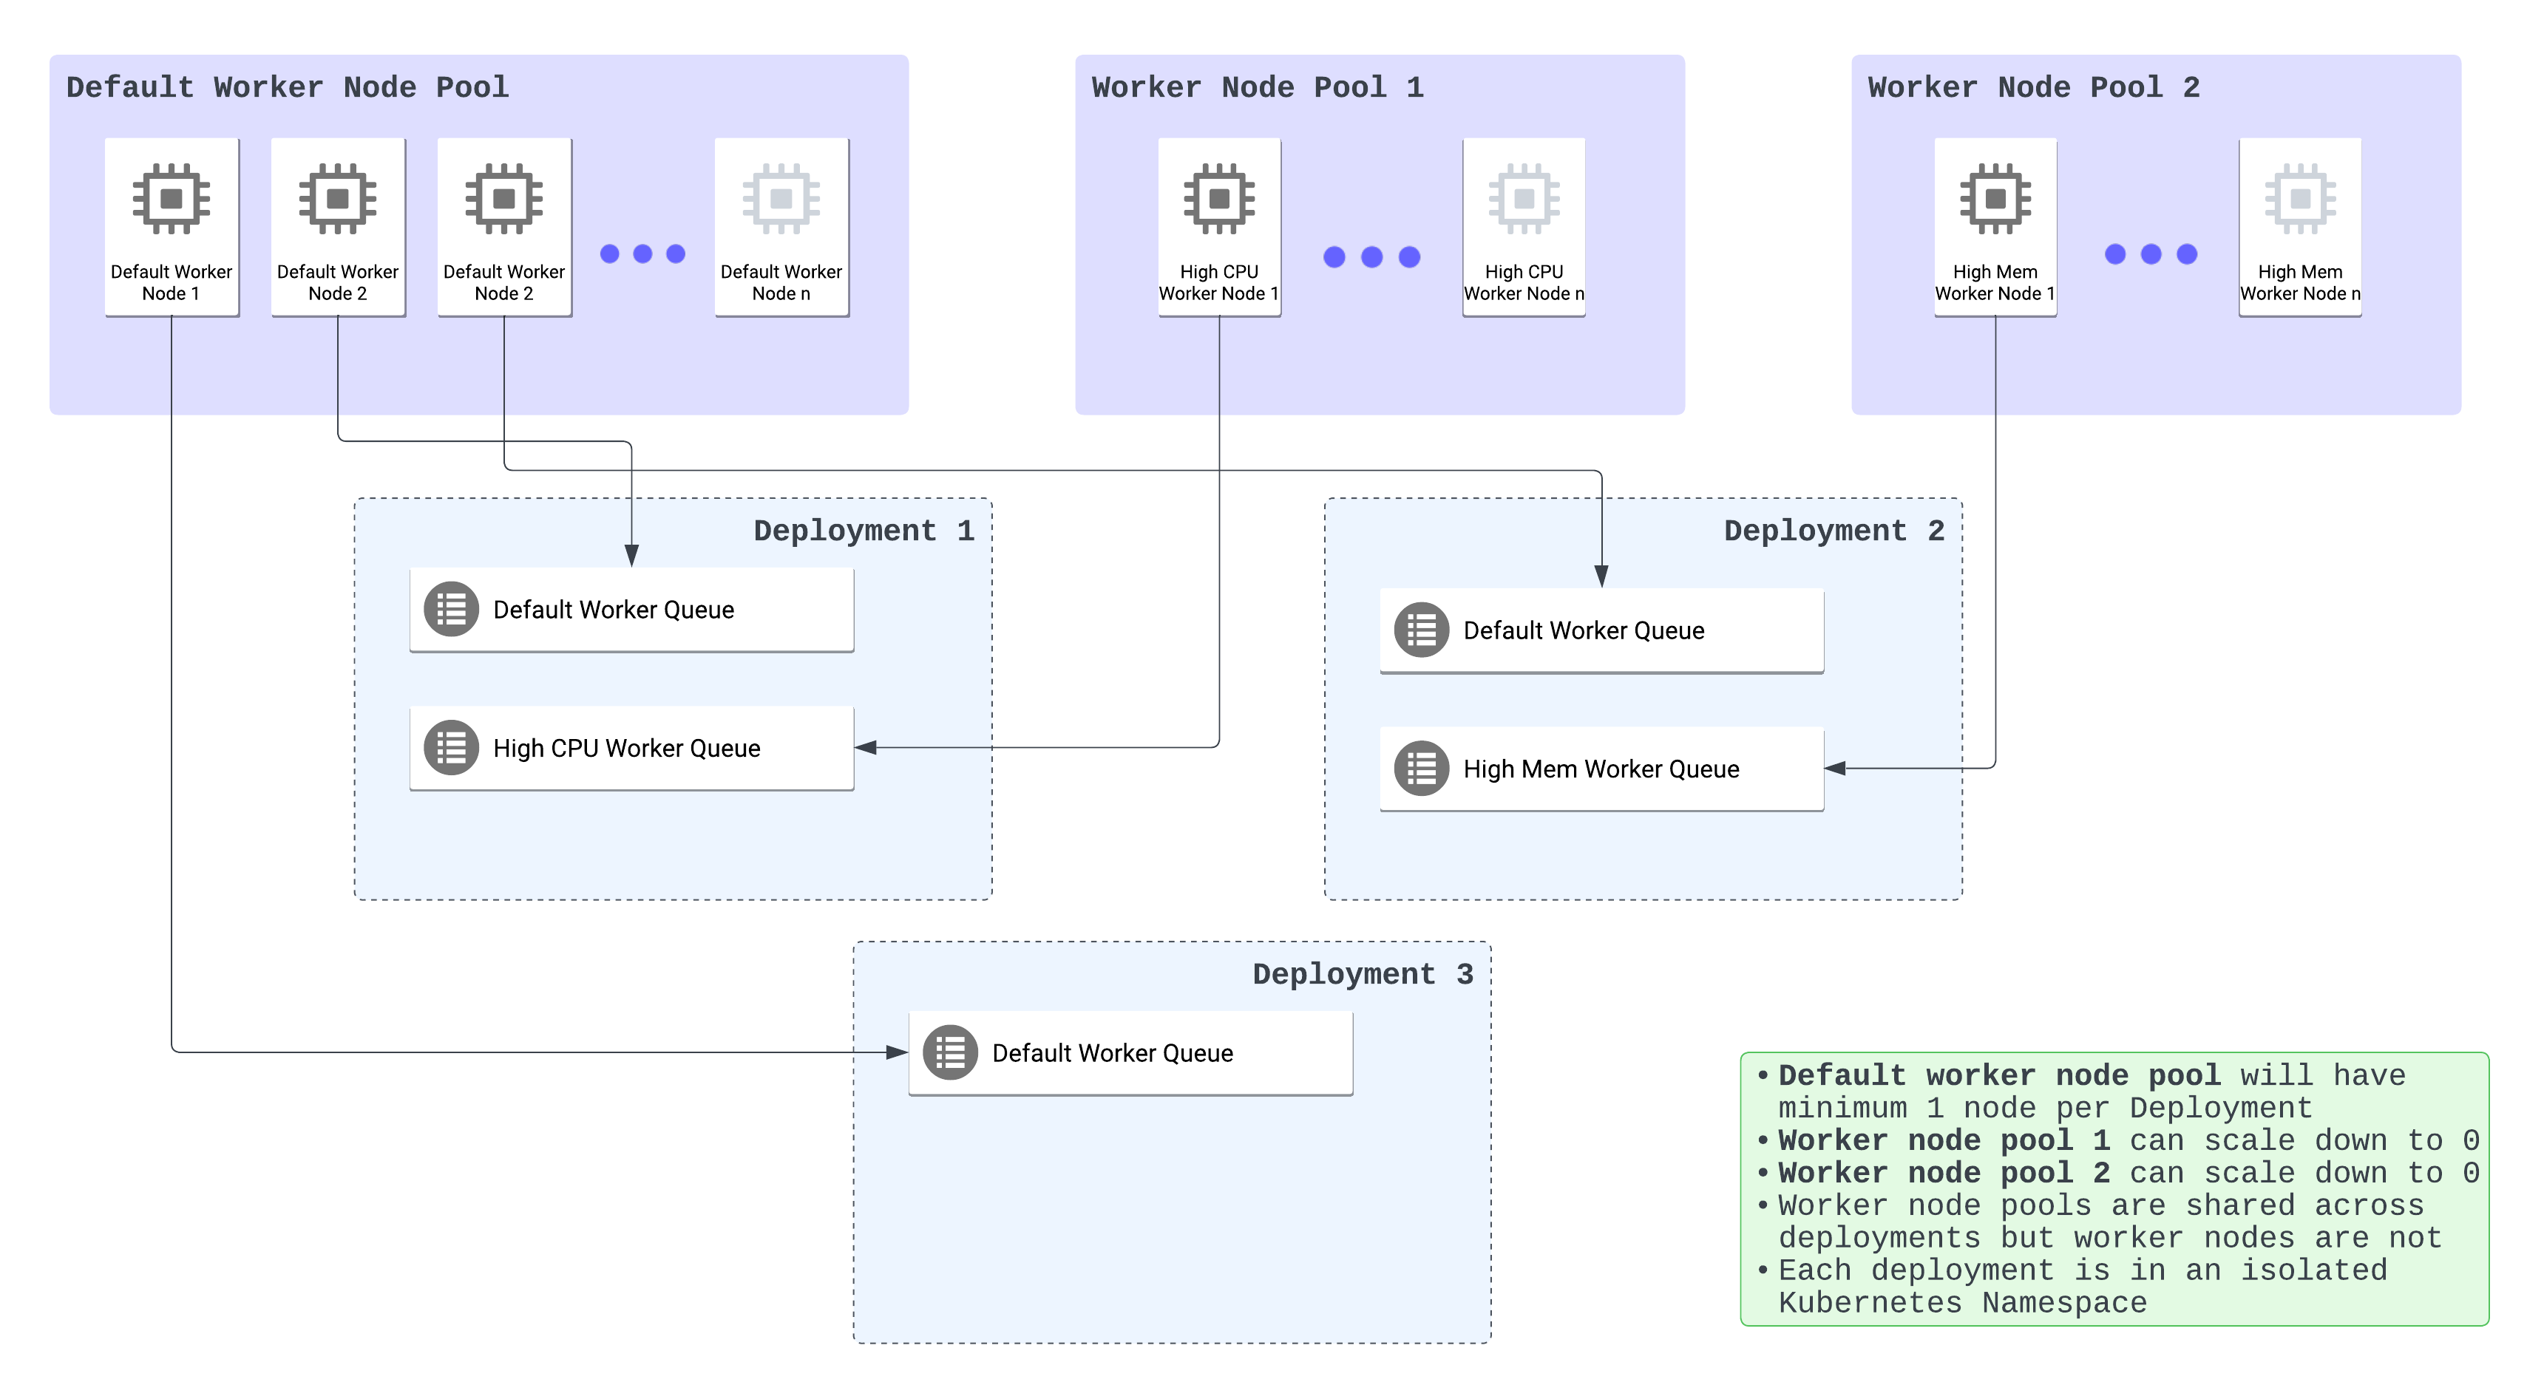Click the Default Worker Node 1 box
tap(171, 227)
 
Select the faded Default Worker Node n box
tap(781, 227)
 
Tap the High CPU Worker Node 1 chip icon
tap(1218, 199)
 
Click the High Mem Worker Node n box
tap(2299, 227)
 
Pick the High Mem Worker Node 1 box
tap(1995, 227)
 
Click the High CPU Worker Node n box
tap(1523, 227)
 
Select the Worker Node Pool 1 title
tap(1257, 88)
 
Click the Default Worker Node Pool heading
tap(288, 88)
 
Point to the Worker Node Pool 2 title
tap(2033, 88)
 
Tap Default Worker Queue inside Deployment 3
tap(1130, 1053)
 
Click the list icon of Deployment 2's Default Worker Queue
tap(1421, 630)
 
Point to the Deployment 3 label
tap(1363, 975)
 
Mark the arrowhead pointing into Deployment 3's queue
tap(897, 1052)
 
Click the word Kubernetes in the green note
tap(1870, 1303)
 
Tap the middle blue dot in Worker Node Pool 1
tap(1371, 256)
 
